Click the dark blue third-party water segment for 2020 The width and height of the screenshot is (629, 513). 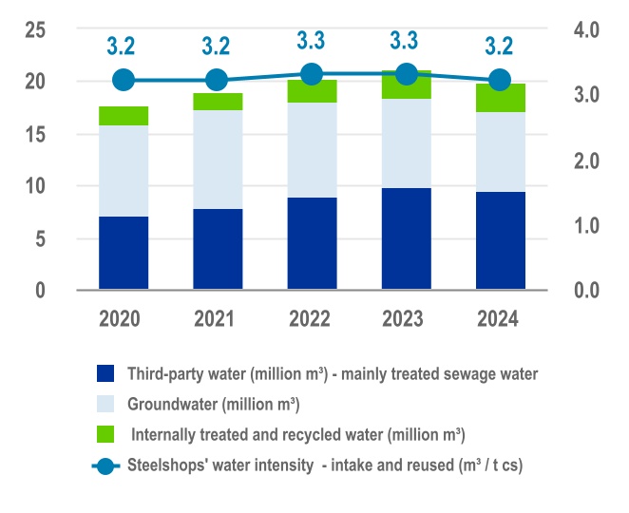click(124, 253)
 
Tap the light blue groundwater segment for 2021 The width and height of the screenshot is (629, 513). click(218, 160)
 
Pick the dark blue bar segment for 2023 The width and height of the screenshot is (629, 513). click(406, 238)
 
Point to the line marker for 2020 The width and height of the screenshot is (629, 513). click(124, 80)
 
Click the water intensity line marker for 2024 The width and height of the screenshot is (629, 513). click(501, 80)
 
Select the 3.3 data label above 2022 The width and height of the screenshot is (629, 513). click(312, 41)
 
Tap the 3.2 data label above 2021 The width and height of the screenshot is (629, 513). click(218, 46)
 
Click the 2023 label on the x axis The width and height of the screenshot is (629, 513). click(406, 318)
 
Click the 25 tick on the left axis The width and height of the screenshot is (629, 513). click(35, 29)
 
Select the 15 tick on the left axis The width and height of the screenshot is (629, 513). click(35, 134)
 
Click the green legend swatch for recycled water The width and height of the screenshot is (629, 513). click(105, 435)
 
